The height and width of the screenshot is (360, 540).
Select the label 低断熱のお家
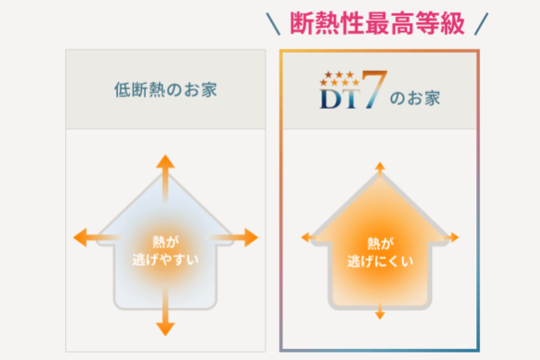(x=166, y=89)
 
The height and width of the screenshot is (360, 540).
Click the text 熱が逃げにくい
(x=380, y=249)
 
